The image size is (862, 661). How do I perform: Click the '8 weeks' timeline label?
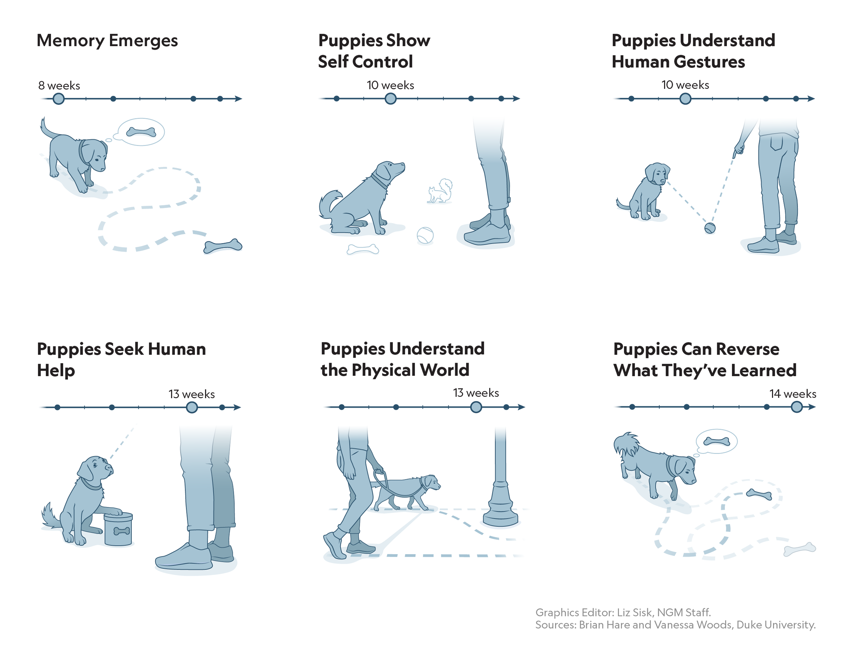click(x=59, y=85)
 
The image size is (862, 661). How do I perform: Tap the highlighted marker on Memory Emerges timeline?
click(x=58, y=99)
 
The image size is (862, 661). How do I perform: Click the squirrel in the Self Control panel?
click(x=440, y=192)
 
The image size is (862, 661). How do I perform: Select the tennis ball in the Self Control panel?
click(x=425, y=235)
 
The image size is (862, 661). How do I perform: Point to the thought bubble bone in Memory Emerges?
click(x=141, y=132)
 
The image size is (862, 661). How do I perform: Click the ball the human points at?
click(x=710, y=228)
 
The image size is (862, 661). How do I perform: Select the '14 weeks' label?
click(x=792, y=394)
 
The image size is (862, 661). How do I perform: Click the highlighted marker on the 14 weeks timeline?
click(x=796, y=407)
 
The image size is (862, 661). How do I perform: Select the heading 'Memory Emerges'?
click(x=107, y=41)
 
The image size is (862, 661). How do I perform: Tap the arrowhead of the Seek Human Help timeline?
click(x=237, y=407)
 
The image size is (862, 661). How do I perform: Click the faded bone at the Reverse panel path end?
click(x=799, y=549)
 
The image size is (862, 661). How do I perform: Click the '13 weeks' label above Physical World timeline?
click(x=476, y=393)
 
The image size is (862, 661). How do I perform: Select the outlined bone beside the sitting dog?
click(x=362, y=249)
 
